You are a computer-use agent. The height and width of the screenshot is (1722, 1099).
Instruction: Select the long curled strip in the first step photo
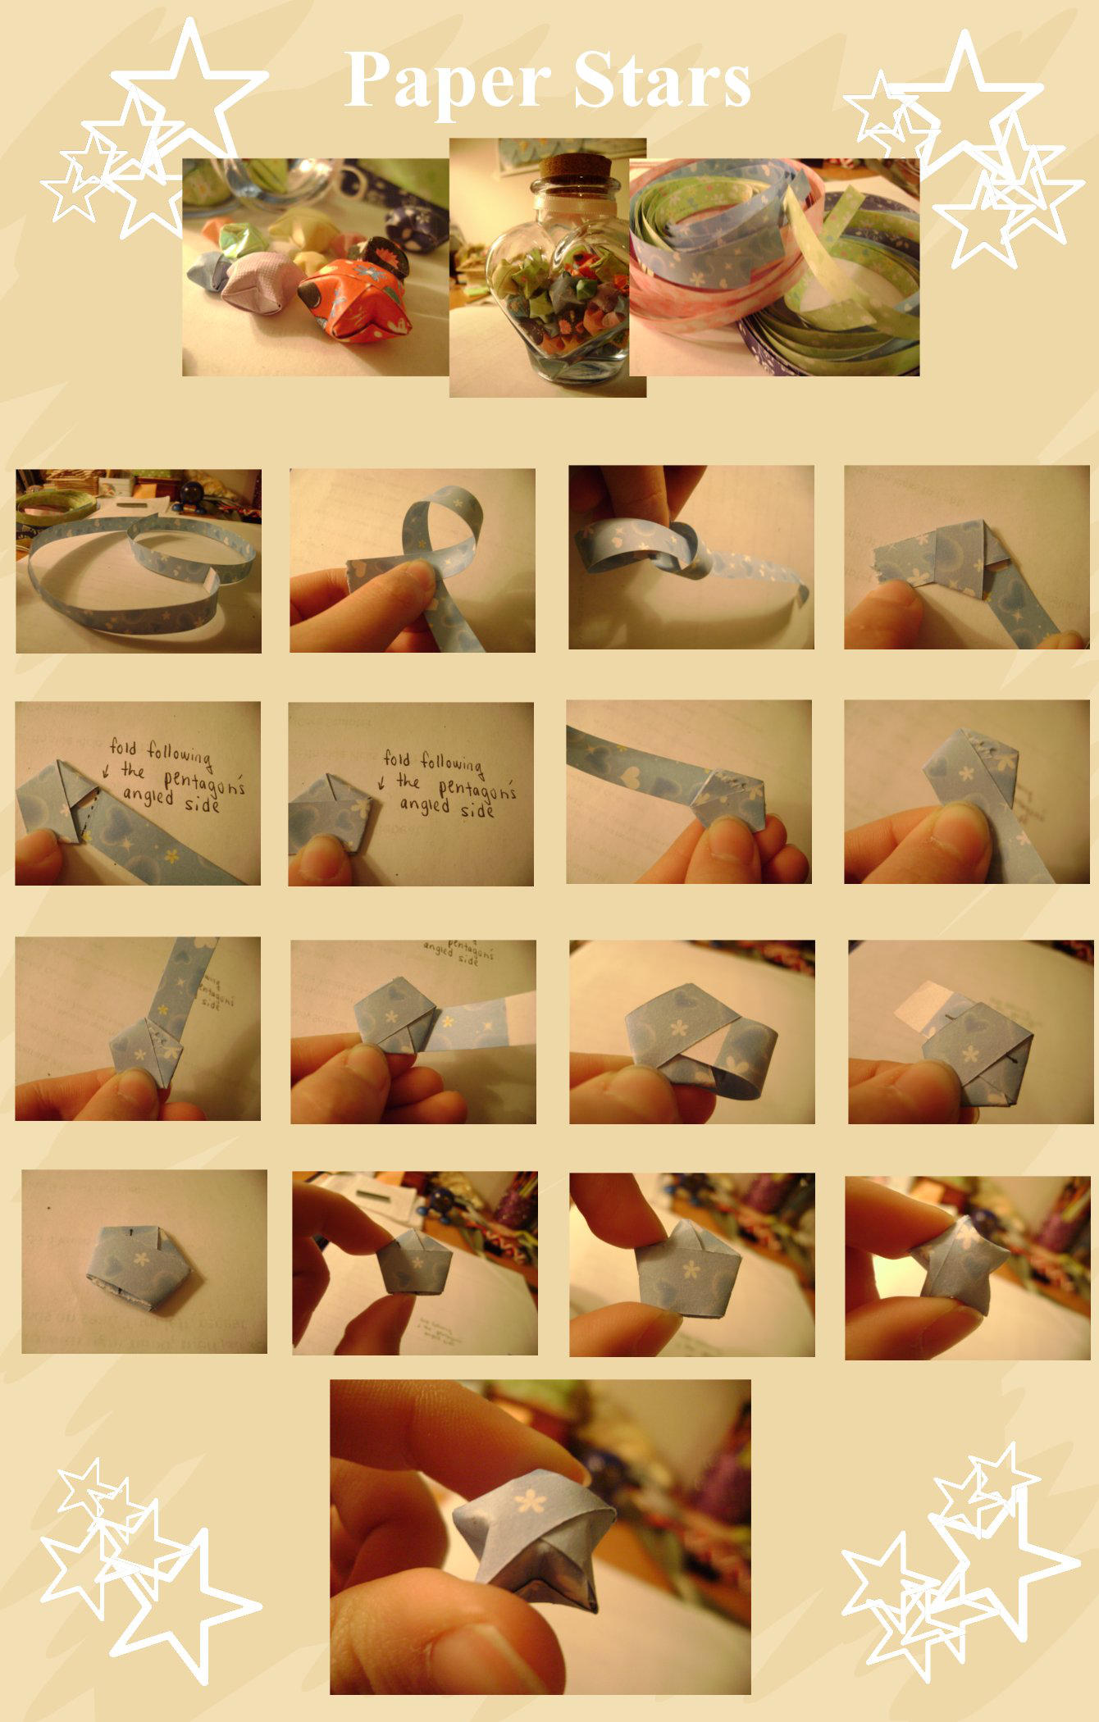[123, 574]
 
